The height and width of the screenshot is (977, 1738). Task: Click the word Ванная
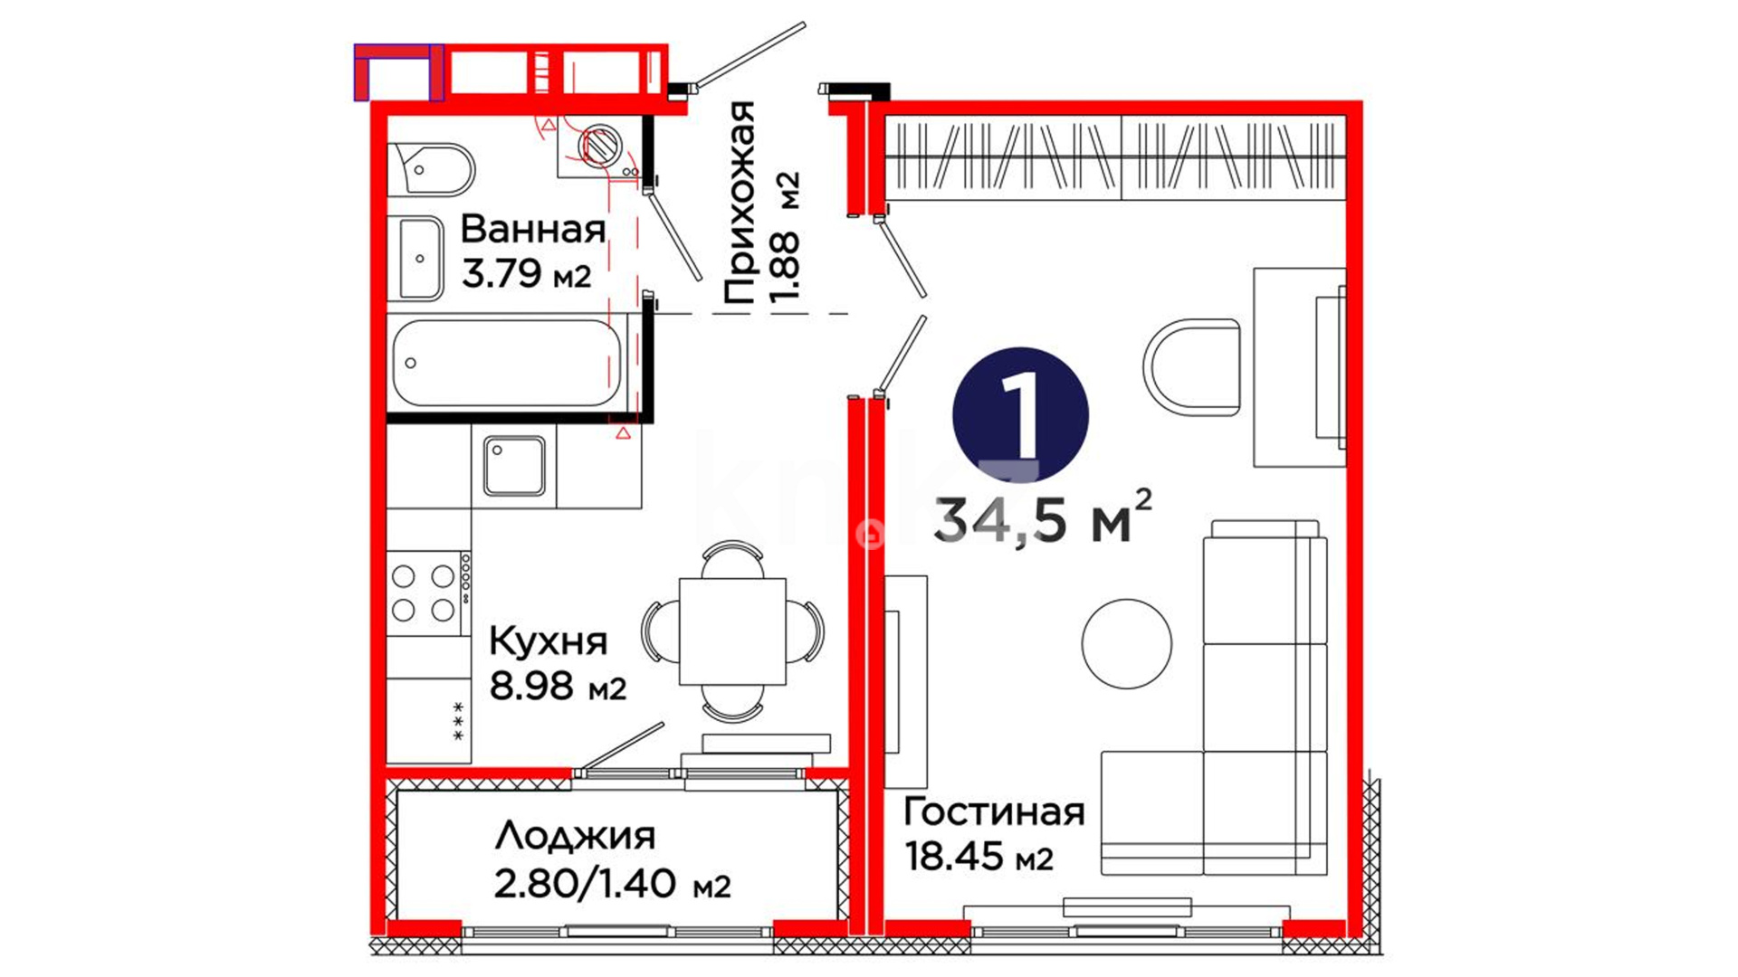click(x=533, y=230)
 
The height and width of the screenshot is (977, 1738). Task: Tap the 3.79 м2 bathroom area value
click(x=527, y=273)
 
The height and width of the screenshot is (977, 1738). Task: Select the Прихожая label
click(x=740, y=203)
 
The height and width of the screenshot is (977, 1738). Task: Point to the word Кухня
click(x=549, y=642)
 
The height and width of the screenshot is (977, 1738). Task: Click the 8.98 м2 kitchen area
click(x=558, y=687)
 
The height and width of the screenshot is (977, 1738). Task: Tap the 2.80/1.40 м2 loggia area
click(x=612, y=884)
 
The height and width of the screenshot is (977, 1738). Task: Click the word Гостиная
click(x=994, y=812)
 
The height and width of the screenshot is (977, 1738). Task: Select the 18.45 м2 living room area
click(x=979, y=856)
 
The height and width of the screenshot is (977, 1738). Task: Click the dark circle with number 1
click(x=1020, y=415)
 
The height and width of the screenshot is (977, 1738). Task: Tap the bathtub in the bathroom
click(x=507, y=363)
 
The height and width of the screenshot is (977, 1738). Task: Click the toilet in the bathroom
click(x=433, y=169)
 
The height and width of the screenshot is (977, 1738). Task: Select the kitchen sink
click(x=514, y=466)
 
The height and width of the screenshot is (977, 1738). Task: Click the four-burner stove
click(x=428, y=593)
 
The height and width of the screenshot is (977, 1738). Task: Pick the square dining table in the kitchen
click(x=732, y=631)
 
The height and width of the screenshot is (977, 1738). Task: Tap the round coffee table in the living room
click(x=1127, y=644)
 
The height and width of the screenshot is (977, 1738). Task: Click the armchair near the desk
click(x=1191, y=366)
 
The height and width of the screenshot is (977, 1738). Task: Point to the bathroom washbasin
click(x=418, y=259)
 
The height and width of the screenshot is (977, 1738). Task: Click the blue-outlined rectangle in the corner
click(x=398, y=72)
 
